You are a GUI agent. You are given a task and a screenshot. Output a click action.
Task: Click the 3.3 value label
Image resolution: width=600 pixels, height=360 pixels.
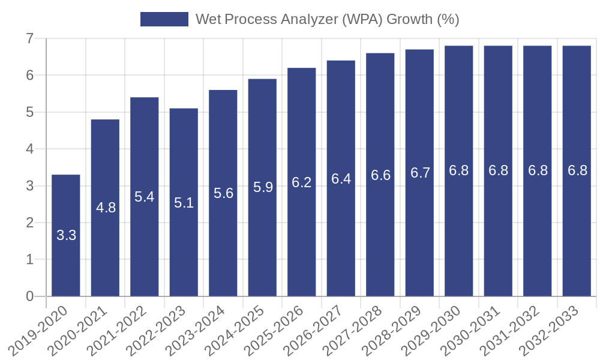66,235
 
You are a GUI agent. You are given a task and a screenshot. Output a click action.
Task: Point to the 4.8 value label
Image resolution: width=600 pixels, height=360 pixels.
106,208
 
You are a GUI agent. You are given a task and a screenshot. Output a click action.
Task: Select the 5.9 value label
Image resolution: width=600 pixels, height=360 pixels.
263,187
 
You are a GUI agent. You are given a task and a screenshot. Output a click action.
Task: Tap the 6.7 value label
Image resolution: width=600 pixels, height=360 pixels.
420,173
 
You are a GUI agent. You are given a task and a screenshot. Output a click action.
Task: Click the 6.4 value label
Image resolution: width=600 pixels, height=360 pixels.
341,178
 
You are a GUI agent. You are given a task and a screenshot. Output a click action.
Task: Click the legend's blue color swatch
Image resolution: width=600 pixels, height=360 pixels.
164,19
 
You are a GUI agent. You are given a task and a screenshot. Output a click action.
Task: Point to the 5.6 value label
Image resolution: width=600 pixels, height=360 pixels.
223,193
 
